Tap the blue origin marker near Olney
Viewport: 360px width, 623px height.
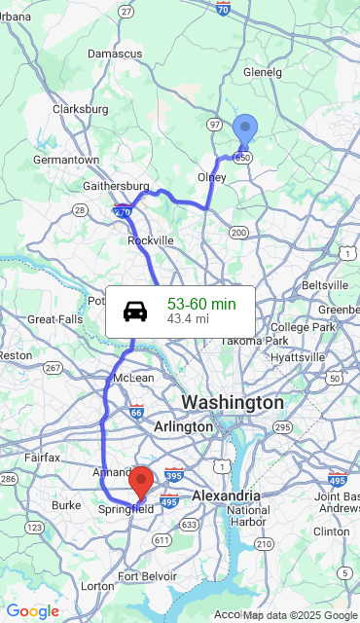tap(245, 129)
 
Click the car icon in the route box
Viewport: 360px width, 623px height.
tap(135, 311)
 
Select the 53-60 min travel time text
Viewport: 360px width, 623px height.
tap(201, 304)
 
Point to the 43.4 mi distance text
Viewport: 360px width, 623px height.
tap(188, 318)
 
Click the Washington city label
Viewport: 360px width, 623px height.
tap(233, 402)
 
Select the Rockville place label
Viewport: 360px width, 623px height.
tap(151, 240)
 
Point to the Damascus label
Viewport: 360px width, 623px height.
tap(115, 53)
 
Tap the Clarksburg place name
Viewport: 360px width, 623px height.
tap(80, 109)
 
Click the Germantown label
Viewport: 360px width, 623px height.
tap(66, 160)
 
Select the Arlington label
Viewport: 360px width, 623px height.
tap(183, 426)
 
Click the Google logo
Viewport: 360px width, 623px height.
tap(32, 611)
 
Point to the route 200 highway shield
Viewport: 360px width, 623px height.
tap(238, 233)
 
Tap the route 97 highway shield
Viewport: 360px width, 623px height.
tap(215, 126)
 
